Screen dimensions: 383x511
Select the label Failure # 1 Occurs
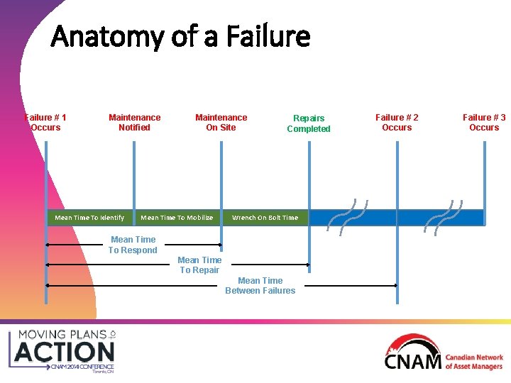(45, 123)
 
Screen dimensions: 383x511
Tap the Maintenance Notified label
(134, 123)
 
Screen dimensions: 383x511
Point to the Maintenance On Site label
(221, 123)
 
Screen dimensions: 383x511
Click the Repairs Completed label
(308, 123)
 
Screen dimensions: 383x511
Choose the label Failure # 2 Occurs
(397, 123)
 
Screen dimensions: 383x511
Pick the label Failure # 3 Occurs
(484, 123)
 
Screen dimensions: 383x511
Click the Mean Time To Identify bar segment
(89, 218)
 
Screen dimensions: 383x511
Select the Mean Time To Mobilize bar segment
(177, 218)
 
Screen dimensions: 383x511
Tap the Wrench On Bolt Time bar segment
(265, 218)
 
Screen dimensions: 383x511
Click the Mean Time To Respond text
(133, 245)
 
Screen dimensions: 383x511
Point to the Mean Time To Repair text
(199, 265)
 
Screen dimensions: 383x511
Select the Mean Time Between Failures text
(260, 286)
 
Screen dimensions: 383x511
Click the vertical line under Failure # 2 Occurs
(397, 177)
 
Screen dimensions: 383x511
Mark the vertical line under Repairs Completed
(309, 177)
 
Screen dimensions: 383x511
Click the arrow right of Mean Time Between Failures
(351, 285)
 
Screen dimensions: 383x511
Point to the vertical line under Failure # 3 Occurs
(484, 177)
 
